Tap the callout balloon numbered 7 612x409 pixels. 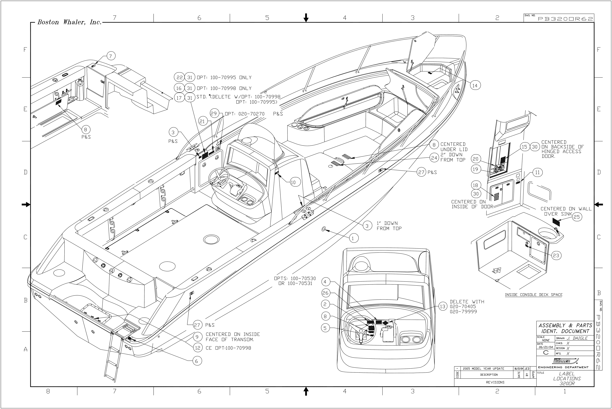110,56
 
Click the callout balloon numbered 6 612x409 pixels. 196,361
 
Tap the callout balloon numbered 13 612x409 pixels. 443,306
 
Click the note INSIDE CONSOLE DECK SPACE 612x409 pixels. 534,295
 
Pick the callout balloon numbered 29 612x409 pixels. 214,113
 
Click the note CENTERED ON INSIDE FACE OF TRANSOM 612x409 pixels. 233,337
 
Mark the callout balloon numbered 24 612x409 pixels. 434,158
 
